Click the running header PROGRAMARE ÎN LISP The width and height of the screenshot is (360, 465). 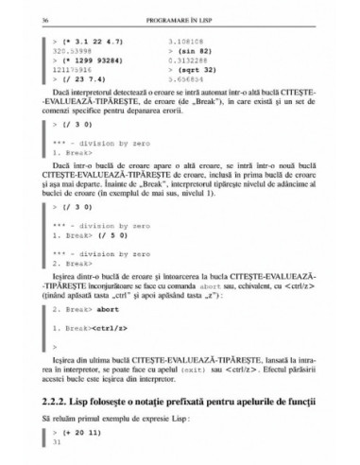(179, 18)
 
